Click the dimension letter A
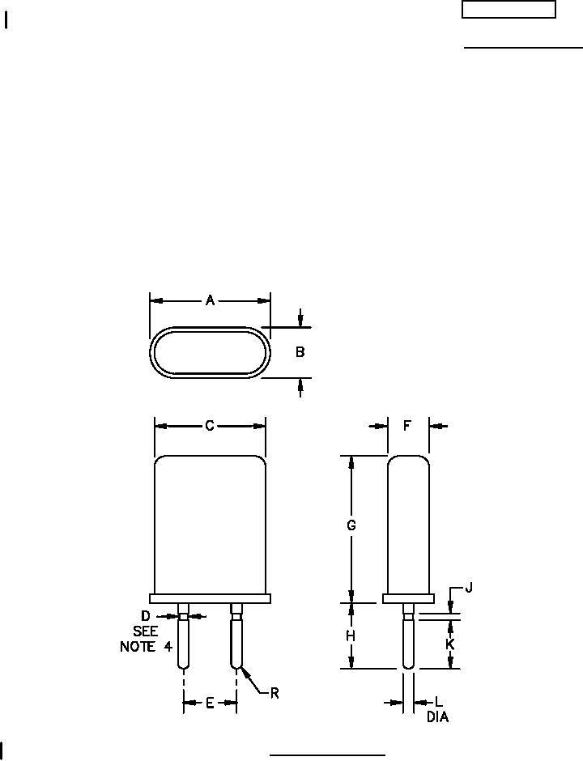(x=210, y=301)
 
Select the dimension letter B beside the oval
(x=300, y=352)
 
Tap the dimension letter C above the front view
(x=210, y=426)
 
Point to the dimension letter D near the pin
(x=146, y=616)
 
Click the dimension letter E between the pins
(x=210, y=703)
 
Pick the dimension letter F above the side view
(x=408, y=426)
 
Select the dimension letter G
(x=351, y=525)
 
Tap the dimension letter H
(x=351, y=636)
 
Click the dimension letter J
(x=469, y=589)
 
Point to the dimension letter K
(x=450, y=644)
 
